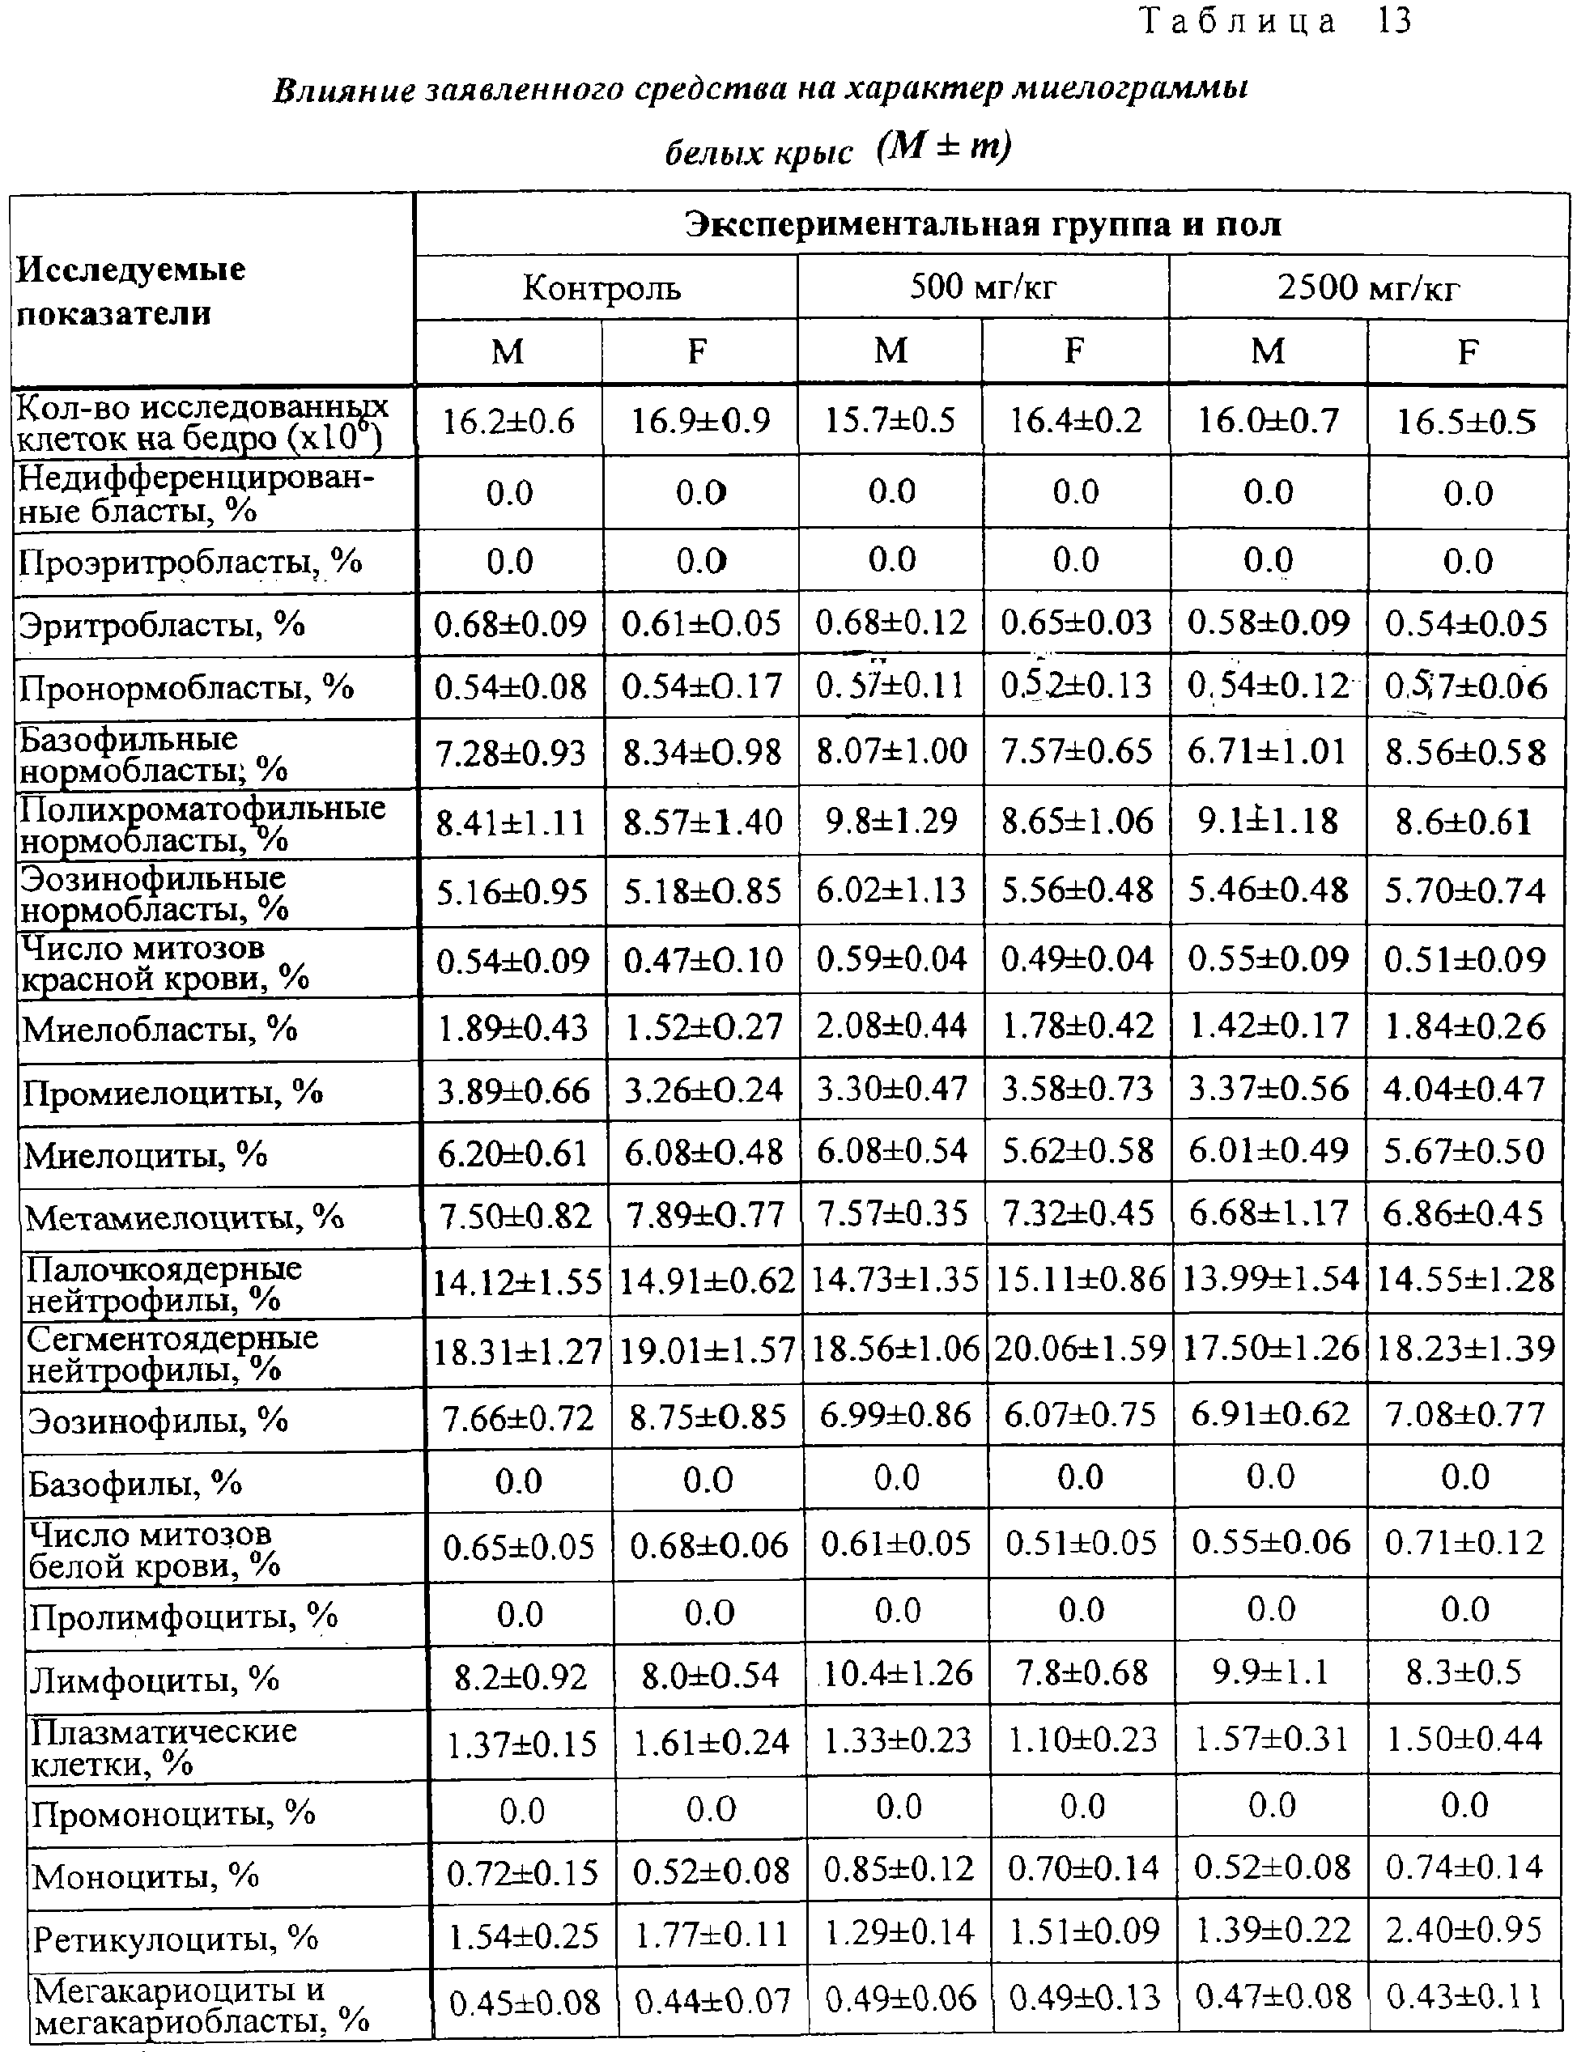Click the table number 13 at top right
click(x=1394, y=21)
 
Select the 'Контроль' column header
click(x=601, y=287)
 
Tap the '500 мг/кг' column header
click(x=982, y=287)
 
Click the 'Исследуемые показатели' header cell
click(x=131, y=291)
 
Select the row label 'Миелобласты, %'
click(x=159, y=1030)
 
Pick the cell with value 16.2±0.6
click(x=508, y=422)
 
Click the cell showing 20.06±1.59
click(x=1079, y=1349)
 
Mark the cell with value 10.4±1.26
click(x=896, y=1674)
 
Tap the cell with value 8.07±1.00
click(x=891, y=751)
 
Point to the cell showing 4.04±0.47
click(x=1464, y=1089)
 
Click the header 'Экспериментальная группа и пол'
click(x=982, y=225)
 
